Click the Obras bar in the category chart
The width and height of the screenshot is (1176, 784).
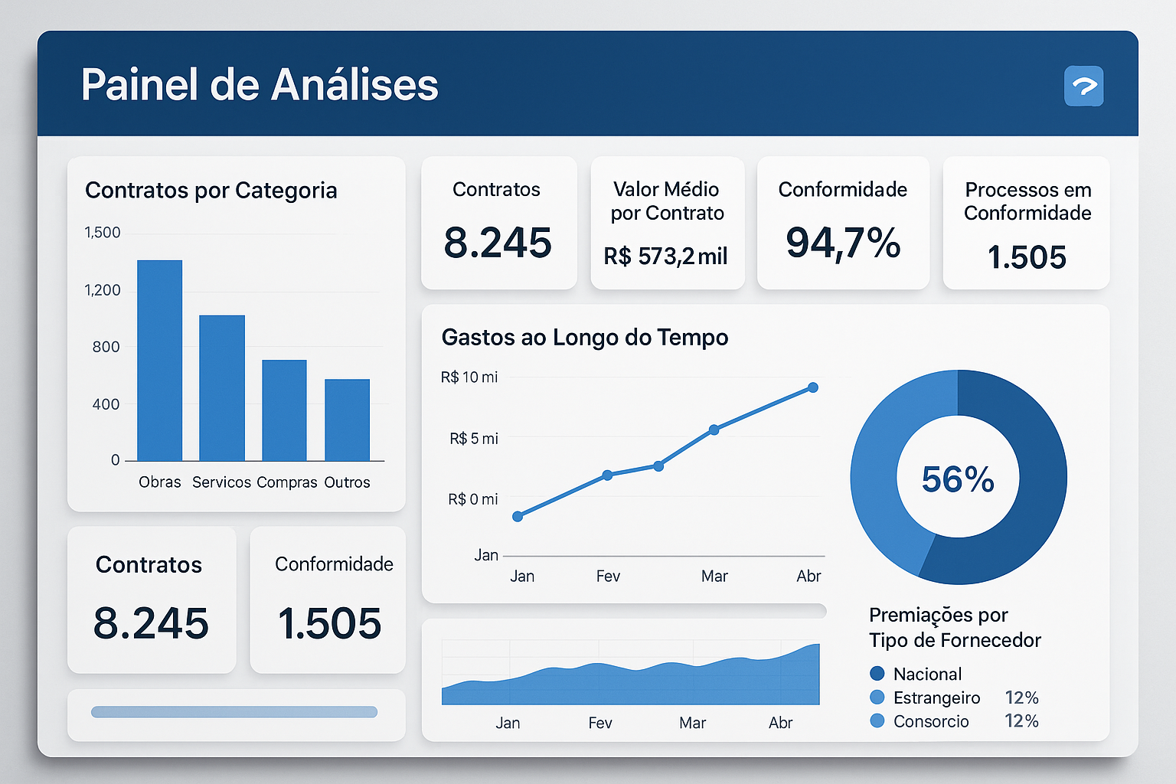point(159,360)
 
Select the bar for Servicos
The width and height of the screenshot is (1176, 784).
point(222,387)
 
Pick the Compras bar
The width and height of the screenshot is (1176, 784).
point(284,410)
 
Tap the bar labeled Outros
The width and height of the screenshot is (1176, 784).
point(347,420)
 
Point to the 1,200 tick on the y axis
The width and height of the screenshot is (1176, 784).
point(103,290)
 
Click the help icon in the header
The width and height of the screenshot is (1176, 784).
point(1083,86)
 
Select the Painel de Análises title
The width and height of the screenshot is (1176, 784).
point(260,84)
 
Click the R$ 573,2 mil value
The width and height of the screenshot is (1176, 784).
point(665,256)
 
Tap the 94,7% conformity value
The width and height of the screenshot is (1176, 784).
point(843,243)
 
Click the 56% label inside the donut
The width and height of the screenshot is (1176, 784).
point(958,479)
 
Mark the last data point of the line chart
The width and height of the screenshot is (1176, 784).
point(813,387)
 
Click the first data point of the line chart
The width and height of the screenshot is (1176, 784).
point(518,517)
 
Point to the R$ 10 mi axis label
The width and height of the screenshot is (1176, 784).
point(469,377)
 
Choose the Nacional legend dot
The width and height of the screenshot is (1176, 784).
point(877,674)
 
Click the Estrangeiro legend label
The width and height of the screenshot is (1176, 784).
point(936,697)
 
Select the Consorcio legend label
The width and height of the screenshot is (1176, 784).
point(931,721)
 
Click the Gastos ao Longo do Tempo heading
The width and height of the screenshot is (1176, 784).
point(585,338)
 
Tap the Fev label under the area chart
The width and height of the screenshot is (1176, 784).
point(600,723)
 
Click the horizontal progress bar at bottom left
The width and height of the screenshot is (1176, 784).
point(234,712)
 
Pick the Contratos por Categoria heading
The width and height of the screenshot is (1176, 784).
point(211,191)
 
